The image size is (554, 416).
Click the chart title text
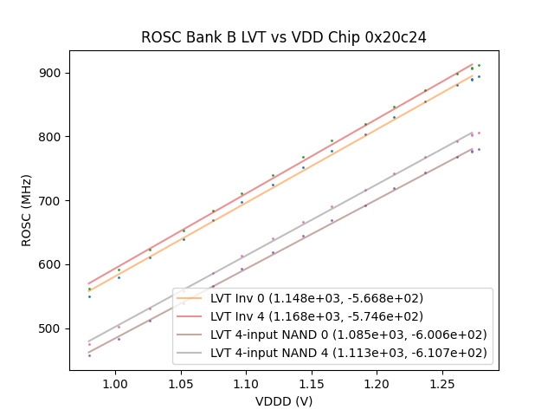284,37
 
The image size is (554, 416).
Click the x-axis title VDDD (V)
284,401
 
